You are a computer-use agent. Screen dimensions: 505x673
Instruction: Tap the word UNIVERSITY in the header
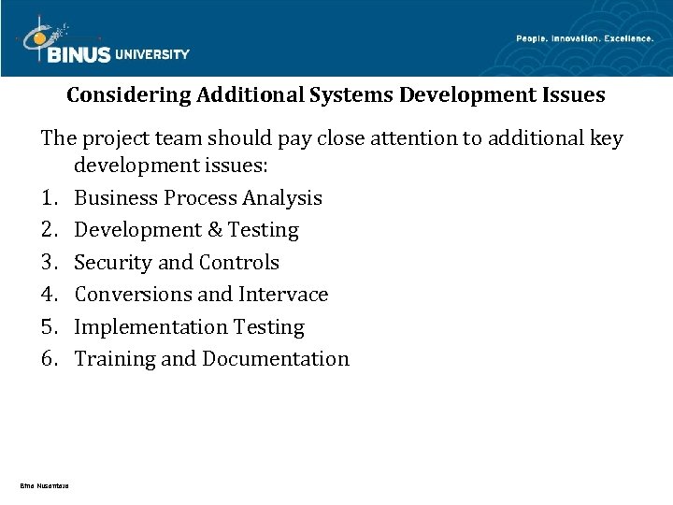[152, 54]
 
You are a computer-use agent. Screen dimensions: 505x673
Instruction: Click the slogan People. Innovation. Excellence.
[585, 38]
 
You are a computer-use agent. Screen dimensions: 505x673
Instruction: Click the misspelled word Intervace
[284, 295]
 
